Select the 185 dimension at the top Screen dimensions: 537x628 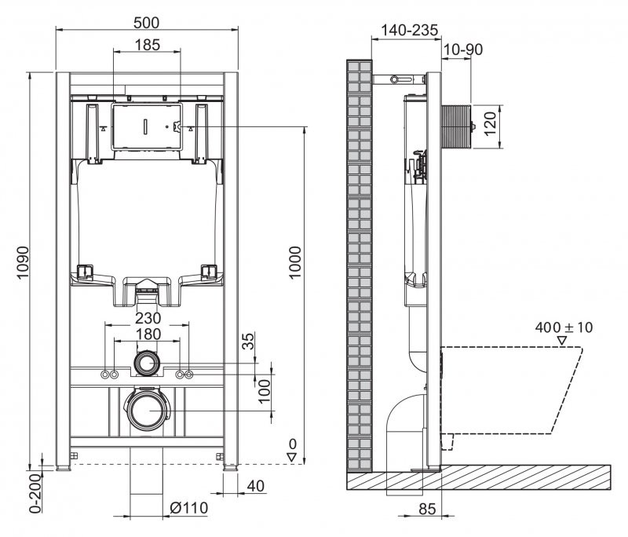[x=147, y=45]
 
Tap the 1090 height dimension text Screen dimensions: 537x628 [x=23, y=267]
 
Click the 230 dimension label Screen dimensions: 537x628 [x=147, y=318]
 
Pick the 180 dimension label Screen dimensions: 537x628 [x=147, y=334]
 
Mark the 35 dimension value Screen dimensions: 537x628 [x=249, y=342]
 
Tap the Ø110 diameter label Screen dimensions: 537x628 [x=188, y=508]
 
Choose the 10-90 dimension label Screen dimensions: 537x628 [x=463, y=49]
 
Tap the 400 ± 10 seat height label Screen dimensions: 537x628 [x=564, y=327]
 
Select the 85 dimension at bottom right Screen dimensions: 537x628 [x=426, y=509]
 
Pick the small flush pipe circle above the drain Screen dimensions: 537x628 [x=147, y=363]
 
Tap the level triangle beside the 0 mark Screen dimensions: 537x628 [x=291, y=457]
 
